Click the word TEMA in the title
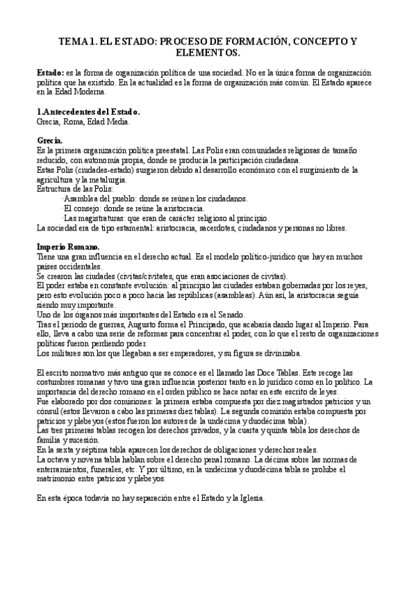coord(74,42)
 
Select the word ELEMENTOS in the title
coord(208,53)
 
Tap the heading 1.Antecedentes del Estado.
coord(88,112)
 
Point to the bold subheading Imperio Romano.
coord(68,247)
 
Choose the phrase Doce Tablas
coord(267,373)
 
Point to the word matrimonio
coord(58,478)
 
